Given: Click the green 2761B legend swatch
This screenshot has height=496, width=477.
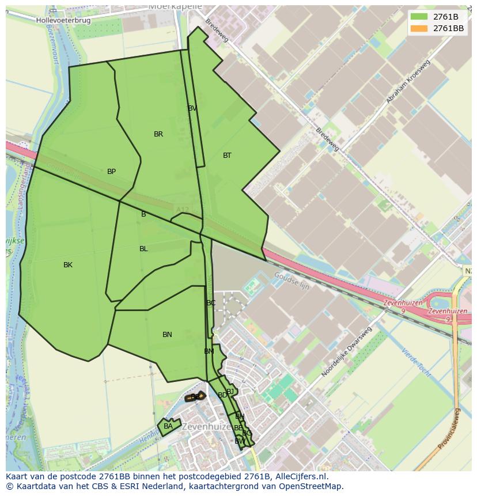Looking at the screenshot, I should (x=419, y=17).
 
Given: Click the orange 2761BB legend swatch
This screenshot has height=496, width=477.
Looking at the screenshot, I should (x=419, y=28).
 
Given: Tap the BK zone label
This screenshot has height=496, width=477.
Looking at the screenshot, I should (x=68, y=265).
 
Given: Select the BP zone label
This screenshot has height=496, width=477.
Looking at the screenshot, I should (x=112, y=172).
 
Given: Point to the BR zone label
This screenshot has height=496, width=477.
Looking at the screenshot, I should (x=158, y=134).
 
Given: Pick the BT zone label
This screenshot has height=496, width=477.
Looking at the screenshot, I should (x=227, y=156).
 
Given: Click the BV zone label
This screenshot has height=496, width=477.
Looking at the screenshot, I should (x=192, y=108).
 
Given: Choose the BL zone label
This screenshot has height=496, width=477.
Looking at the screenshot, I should (x=143, y=249).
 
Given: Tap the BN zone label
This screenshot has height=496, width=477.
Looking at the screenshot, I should (x=167, y=335).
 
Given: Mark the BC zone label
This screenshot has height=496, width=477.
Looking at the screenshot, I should (x=211, y=303).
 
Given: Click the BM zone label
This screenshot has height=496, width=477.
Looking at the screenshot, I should (x=209, y=351).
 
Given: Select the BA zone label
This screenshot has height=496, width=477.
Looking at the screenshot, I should (x=168, y=426).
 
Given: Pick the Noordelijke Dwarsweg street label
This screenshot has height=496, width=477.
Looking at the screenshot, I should (x=346, y=352).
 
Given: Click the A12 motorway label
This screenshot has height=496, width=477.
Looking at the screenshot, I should (x=183, y=209).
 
